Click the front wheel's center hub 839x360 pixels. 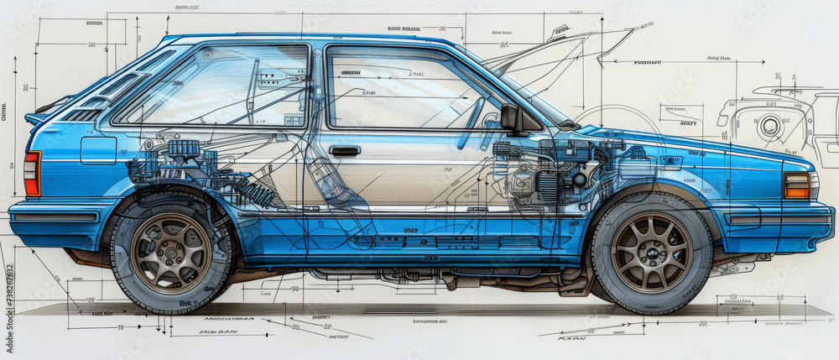pos(651,252)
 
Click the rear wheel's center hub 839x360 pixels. pos(171,253)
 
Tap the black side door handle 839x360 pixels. pos(344,151)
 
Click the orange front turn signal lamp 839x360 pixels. pos(796,185)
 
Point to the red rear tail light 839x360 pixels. pos(32,174)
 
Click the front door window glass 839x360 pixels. pos(403,88)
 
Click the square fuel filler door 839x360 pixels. pos(98,150)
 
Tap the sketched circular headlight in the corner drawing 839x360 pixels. pos(769,128)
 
